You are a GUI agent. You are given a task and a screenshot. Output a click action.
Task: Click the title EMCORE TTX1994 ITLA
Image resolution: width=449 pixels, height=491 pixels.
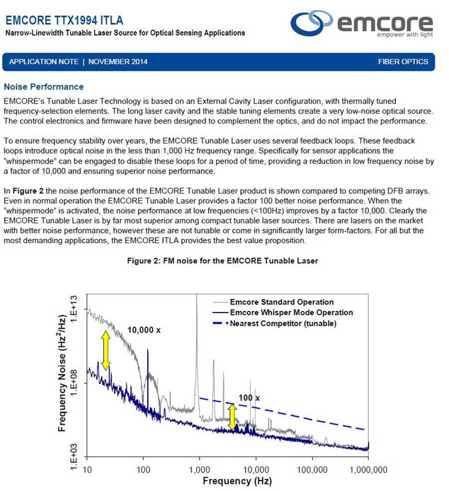coord(64,20)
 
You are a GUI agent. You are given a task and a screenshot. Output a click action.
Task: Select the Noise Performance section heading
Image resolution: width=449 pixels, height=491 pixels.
coord(43,87)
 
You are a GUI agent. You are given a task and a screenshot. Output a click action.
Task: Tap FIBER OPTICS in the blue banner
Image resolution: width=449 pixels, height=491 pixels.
coord(403,62)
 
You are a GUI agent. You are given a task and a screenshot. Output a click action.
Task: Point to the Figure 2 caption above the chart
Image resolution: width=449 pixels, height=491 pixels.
coord(222,261)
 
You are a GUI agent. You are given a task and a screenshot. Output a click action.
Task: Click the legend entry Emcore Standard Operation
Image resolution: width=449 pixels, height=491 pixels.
coord(281,302)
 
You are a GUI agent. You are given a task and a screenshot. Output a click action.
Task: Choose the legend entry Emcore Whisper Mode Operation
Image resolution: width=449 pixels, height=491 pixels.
coord(291,313)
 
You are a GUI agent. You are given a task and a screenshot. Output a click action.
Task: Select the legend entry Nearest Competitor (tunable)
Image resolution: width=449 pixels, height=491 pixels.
coord(283,324)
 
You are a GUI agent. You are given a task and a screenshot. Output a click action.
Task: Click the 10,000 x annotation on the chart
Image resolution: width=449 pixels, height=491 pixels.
coord(144,330)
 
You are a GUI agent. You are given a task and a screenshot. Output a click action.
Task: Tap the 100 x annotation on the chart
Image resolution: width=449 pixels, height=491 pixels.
coord(249,398)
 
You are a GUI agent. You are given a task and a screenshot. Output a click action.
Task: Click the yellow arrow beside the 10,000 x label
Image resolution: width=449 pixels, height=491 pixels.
coord(106,349)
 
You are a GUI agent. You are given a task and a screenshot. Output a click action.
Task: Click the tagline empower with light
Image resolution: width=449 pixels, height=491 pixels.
coord(405,35)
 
